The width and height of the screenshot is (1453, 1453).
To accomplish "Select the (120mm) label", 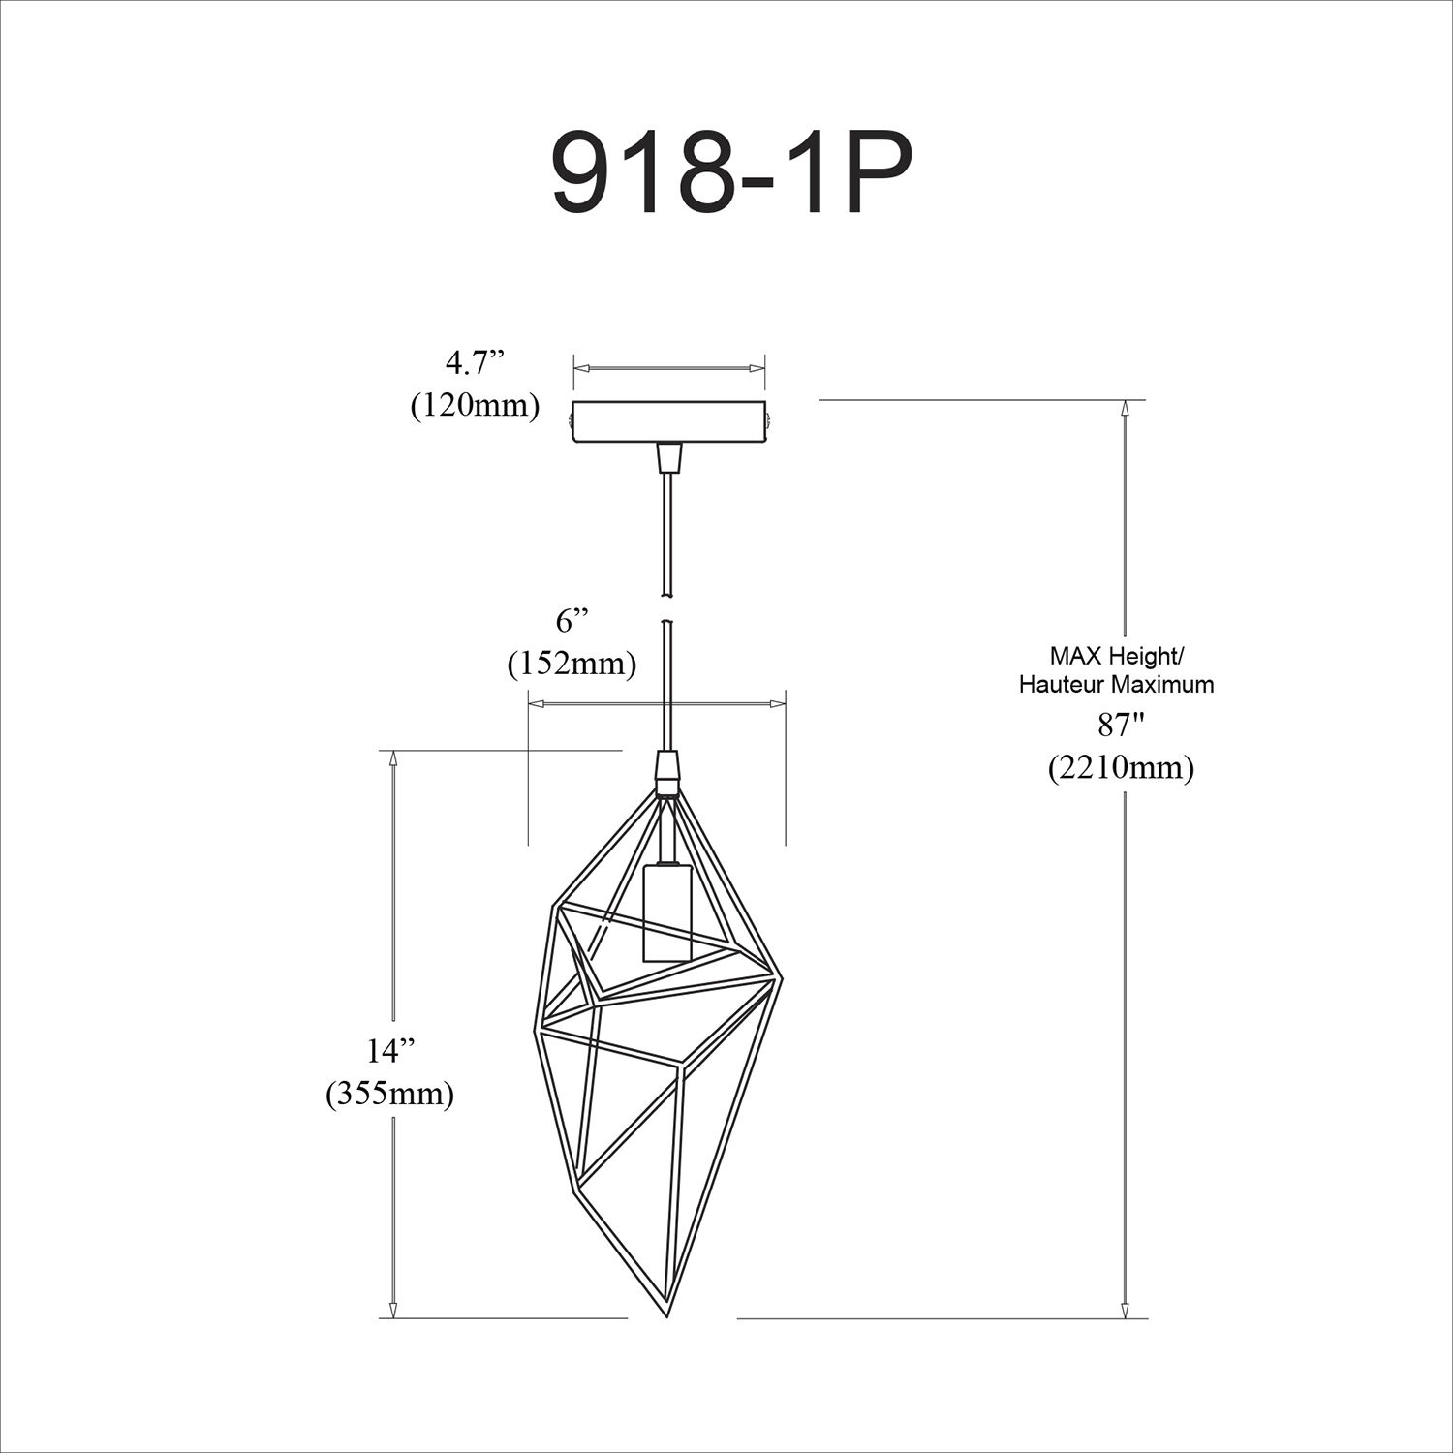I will (x=475, y=405).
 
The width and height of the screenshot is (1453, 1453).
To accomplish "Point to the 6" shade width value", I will (x=572, y=621).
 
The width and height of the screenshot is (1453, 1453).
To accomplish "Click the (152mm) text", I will (x=572, y=664).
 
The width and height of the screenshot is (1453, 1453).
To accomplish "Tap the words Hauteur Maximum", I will (x=1116, y=684).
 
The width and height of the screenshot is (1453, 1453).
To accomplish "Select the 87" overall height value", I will (x=1120, y=724).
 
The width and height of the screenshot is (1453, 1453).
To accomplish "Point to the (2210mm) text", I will (x=1121, y=767).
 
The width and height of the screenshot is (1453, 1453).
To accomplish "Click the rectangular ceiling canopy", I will (x=668, y=421).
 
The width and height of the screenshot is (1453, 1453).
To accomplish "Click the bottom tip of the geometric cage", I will (x=667, y=1315).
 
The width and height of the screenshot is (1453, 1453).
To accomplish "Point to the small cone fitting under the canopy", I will (x=667, y=457).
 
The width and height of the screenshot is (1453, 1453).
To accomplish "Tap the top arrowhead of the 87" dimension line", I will (x=1125, y=409).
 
